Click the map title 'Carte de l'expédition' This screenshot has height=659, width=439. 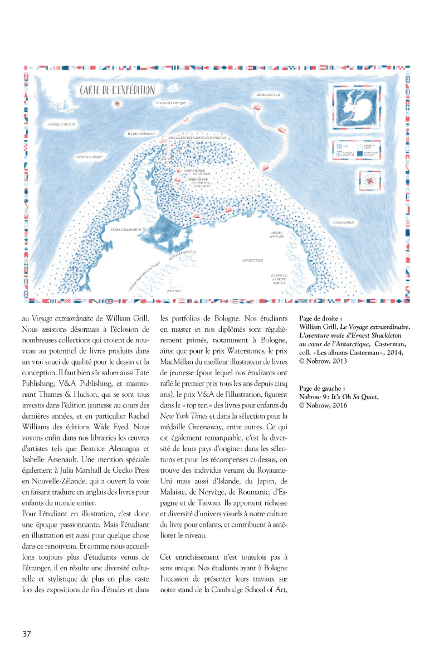(x=117, y=90)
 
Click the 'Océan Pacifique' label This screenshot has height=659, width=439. (x=90, y=158)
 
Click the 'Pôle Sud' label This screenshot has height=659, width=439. (x=175, y=291)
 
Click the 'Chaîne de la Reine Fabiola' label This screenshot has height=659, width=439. (x=279, y=279)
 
